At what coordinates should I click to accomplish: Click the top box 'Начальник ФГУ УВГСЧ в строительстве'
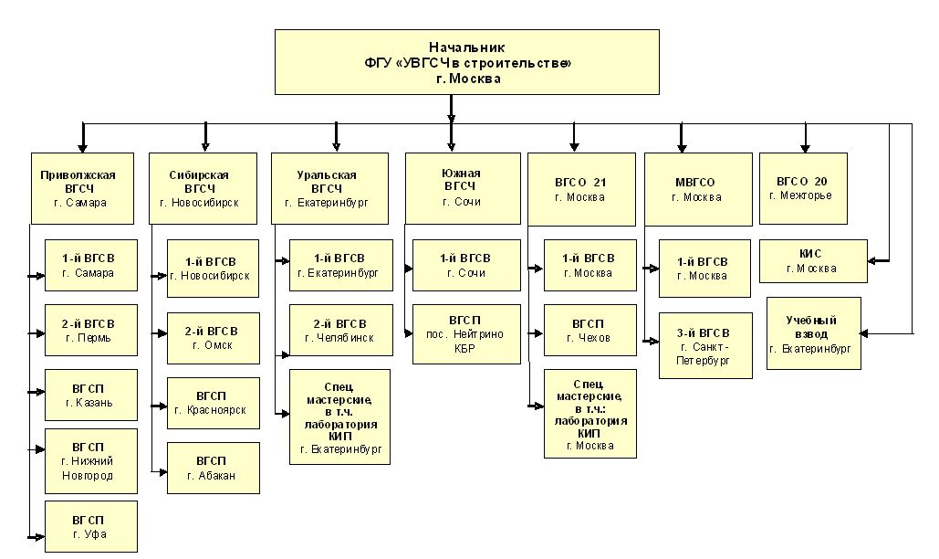tap(467, 62)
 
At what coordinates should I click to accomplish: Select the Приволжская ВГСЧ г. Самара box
tap(83, 188)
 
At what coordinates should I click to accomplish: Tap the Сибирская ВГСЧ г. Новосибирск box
tap(203, 188)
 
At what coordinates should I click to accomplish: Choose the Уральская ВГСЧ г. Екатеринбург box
tap(329, 188)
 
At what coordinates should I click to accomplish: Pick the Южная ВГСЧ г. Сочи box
tap(463, 188)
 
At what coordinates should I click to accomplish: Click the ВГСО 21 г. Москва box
tap(581, 189)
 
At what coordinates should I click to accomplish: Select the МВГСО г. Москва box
tap(698, 189)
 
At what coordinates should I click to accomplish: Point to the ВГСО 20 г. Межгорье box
tap(803, 188)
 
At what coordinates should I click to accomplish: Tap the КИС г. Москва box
tap(813, 261)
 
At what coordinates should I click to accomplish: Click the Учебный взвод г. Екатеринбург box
tap(814, 333)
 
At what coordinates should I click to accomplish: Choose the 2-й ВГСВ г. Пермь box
tap(91, 330)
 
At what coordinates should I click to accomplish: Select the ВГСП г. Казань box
tap(91, 395)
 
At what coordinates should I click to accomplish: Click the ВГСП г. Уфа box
tap(91, 527)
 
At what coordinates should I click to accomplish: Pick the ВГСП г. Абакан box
tap(214, 468)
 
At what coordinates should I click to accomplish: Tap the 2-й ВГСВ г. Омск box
tap(214, 338)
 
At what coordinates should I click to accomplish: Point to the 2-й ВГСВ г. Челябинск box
tap(341, 330)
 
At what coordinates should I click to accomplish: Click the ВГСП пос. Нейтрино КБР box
tap(466, 334)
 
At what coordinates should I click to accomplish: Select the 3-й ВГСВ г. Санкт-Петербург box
tap(705, 345)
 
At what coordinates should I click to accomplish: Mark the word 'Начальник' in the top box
tap(467, 47)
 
